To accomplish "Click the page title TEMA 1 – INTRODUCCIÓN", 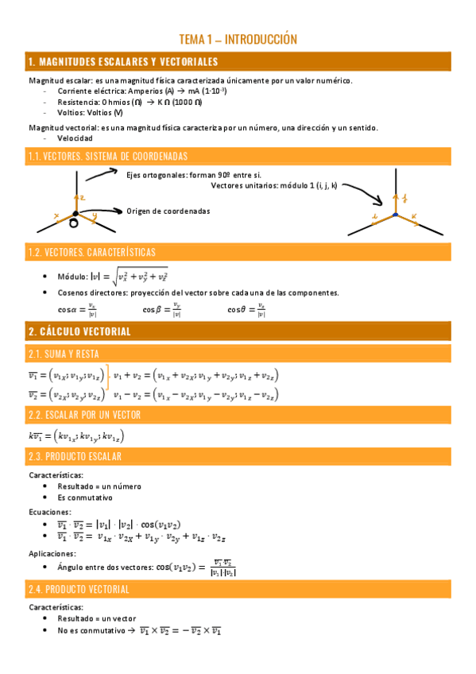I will pyautogui.click(x=238, y=39).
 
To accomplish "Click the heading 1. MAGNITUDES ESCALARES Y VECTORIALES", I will pyautogui.click(x=122, y=61).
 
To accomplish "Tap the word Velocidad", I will pyautogui.click(x=75, y=138).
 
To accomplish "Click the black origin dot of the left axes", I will pyautogui.click(x=75, y=213).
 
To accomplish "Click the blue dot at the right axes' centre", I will pyautogui.click(x=395, y=215).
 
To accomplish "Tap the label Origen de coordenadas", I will pyautogui.click(x=168, y=211).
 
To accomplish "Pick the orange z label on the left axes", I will pyautogui.click(x=83, y=196).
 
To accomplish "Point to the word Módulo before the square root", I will pyautogui.click(x=72, y=277).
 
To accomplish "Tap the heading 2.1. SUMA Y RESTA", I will pyautogui.click(x=64, y=353).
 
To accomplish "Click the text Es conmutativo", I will pyautogui.click(x=85, y=498).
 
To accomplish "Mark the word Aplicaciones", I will pyautogui.click(x=52, y=553).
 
